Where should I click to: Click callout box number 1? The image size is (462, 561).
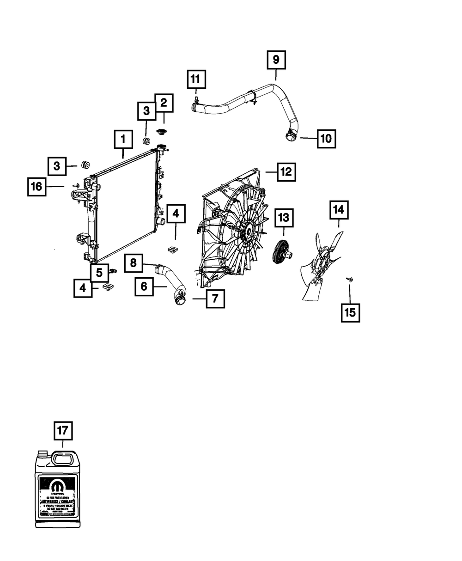pos(123,139)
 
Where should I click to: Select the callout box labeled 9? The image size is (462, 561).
pos(276,60)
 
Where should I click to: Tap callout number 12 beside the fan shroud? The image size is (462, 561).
pos(286,172)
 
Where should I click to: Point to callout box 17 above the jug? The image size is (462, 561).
pos(63,431)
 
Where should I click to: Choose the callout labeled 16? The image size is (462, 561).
pos(36,187)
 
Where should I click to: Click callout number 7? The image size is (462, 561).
pos(215,299)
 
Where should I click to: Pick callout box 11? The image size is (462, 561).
pos(196,79)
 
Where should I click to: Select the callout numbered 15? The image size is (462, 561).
pos(350,312)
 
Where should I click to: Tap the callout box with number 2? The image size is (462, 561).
pos(164,103)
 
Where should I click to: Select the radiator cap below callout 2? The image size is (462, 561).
pos(161,132)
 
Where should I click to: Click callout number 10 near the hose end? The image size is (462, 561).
pos(326,138)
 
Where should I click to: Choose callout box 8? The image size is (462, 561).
pos(133,263)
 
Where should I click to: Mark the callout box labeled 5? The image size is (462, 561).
pos(99,273)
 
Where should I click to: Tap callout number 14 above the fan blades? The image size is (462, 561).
pos(339,210)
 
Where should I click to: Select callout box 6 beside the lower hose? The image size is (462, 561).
pos(144,287)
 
